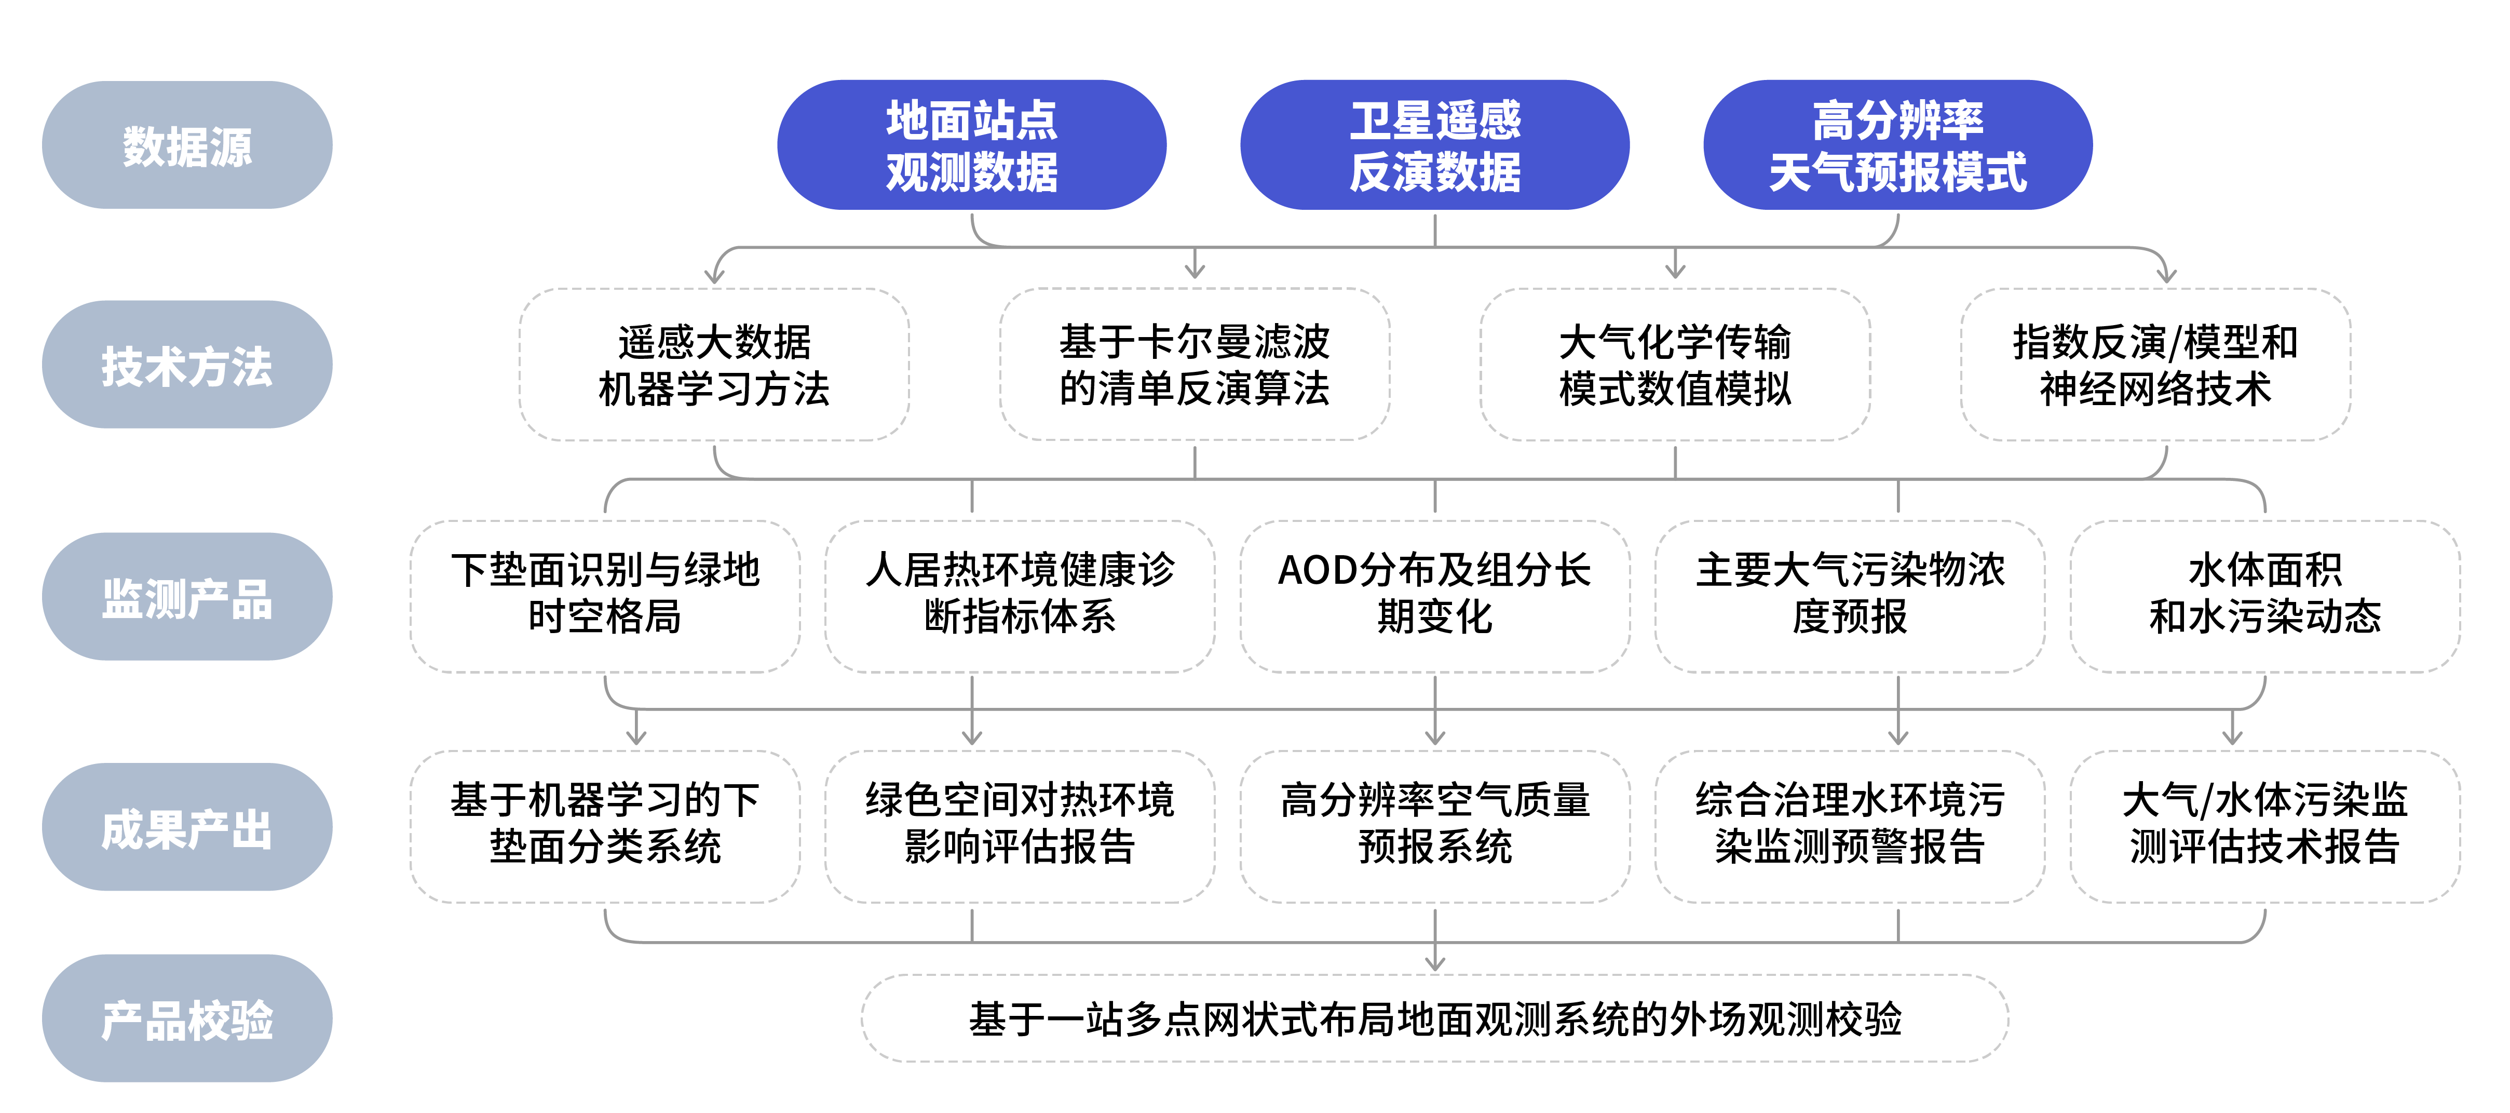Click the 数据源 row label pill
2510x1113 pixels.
click(187, 145)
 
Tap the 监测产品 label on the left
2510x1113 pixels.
click(187, 596)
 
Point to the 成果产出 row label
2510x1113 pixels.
click(187, 827)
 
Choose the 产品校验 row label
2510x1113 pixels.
click(187, 1018)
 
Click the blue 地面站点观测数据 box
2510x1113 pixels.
click(971, 145)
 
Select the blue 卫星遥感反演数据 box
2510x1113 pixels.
click(1434, 145)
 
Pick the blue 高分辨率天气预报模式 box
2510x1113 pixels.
click(1897, 145)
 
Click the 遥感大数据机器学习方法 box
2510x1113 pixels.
click(714, 365)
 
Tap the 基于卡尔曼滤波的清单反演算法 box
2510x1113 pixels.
click(1195, 365)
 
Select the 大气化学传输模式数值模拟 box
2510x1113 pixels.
click(1675, 365)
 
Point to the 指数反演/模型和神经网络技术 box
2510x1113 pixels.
click(2155, 365)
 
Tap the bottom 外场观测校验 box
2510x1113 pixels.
click(1434, 1018)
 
